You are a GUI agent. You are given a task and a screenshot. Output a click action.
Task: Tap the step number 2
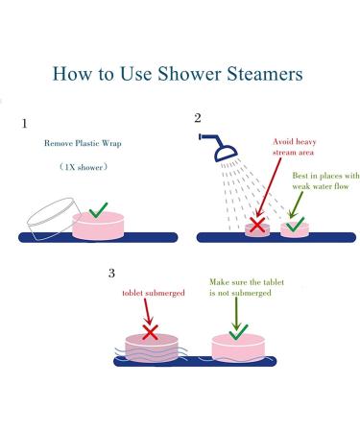198,119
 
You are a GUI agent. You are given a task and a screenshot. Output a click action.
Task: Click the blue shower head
221,149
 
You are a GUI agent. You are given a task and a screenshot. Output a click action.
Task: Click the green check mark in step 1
98,209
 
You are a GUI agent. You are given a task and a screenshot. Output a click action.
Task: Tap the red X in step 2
257,227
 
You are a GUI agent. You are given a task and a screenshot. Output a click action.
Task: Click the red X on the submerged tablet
150,332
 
